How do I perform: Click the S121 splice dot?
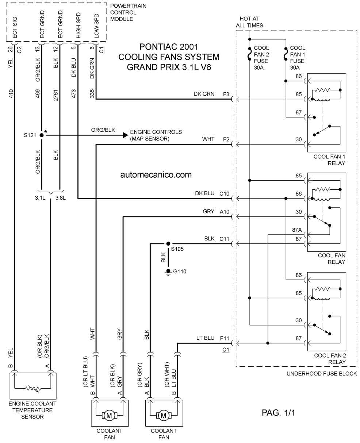42,135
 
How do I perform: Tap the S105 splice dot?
168,243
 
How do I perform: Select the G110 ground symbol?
168,272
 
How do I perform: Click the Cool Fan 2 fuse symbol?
250,54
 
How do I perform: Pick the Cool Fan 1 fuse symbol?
286,54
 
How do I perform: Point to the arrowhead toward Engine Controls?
125,135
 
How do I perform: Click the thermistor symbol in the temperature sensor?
33,388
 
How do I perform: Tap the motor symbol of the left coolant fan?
109,416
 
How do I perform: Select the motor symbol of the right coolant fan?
164,416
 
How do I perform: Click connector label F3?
226,95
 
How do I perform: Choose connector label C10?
224,194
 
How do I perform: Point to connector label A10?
224,212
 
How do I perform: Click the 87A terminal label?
297,230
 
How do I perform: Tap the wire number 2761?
55,95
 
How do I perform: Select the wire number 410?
11,93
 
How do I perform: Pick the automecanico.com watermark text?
156,175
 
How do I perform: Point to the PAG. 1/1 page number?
278,413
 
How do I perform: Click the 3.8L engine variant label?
61,197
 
